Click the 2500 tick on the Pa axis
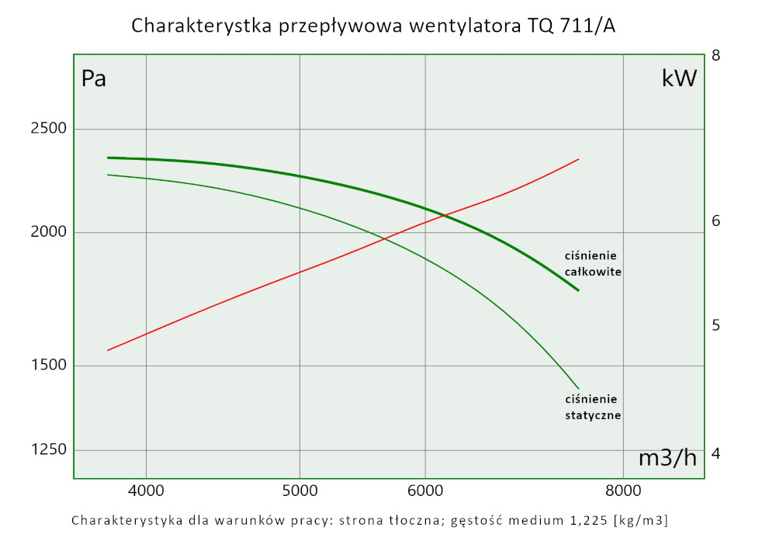pos(47,129)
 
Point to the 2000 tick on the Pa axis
pos(47,233)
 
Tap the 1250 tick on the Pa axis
pos(47,450)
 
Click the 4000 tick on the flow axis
pos(146,491)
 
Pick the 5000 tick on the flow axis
pos(300,491)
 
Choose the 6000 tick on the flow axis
pos(425,491)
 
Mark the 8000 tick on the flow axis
pos(623,491)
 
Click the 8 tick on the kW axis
pos(716,56)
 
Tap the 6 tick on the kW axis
pos(716,221)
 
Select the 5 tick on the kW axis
pos(716,325)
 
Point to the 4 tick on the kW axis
pos(716,453)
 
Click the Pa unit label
pos(94,79)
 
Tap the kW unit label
pos(679,78)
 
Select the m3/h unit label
pos(667,458)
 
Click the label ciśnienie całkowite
pos(594,264)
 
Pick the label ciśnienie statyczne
pos(593,408)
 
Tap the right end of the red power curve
pos(579,159)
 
